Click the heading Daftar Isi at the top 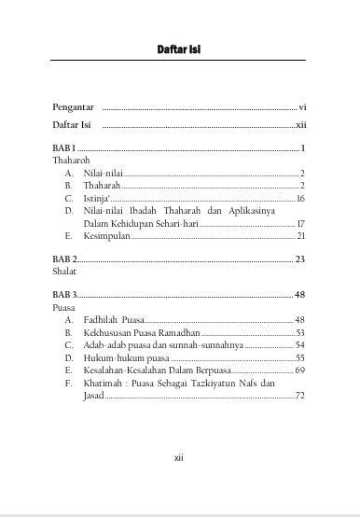(x=181, y=49)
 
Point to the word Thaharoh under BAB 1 (x=71, y=161)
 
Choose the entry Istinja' (x=95, y=199)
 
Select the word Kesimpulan (x=107, y=237)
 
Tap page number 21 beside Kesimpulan (x=300, y=237)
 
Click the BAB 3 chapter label (x=63, y=294)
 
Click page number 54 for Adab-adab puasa (x=300, y=345)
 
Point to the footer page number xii (x=181, y=458)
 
